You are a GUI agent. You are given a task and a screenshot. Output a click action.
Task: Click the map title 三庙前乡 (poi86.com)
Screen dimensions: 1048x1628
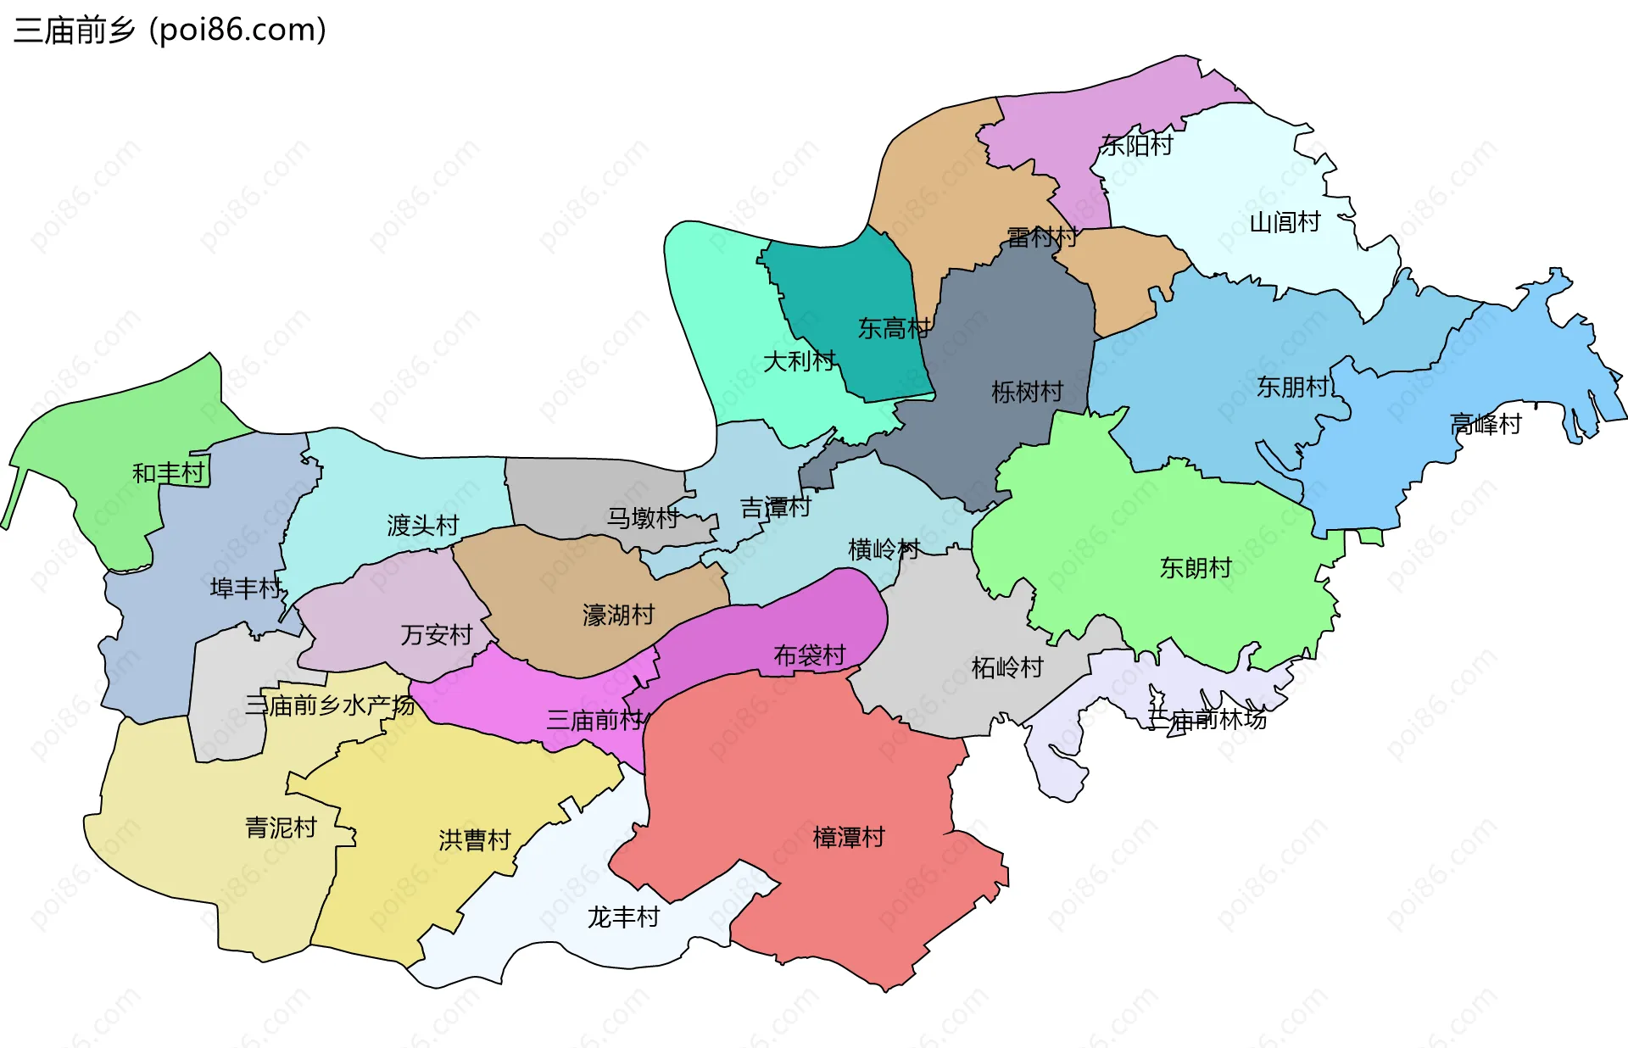[170, 31]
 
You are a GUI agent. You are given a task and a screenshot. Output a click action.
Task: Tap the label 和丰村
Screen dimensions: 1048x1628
[169, 473]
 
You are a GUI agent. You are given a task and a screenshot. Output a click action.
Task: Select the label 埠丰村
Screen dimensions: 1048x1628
[246, 588]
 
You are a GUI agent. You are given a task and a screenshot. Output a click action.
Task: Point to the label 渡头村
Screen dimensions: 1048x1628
[422, 526]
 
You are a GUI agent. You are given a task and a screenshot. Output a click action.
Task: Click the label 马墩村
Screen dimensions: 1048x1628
[642, 518]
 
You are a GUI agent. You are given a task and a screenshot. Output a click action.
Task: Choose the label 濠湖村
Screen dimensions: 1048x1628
[618, 615]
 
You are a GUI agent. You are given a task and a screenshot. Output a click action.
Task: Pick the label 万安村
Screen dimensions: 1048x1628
[436, 634]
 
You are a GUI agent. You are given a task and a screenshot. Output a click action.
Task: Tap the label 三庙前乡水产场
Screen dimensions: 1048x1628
[330, 705]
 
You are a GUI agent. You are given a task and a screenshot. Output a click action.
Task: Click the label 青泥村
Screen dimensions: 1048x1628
[281, 828]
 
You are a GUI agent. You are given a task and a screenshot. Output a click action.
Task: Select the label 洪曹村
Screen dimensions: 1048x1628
[474, 840]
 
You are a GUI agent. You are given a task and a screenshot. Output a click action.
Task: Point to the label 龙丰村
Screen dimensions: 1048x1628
[623, 917]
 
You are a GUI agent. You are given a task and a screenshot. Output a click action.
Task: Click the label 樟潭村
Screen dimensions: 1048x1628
[848, 838]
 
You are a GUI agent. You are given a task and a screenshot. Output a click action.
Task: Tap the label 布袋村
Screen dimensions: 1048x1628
[809, 655]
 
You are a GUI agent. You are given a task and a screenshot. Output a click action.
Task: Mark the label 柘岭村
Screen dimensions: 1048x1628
[1006, 668]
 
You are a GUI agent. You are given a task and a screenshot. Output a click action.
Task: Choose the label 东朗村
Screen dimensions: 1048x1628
[1195, 568]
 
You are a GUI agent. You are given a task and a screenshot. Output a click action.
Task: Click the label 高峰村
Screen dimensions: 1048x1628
[1486, 424]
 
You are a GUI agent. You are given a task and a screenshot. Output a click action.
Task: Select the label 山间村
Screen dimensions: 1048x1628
[1285, 223]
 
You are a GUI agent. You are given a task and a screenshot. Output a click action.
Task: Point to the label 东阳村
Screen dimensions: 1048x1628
[1136, 146]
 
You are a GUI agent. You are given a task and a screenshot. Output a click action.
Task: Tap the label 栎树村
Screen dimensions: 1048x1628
[1027, 392]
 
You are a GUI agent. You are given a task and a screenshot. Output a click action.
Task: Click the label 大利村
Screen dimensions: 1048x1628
[799, 362]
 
